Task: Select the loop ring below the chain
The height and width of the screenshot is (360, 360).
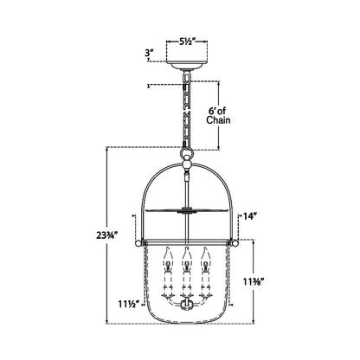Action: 186,157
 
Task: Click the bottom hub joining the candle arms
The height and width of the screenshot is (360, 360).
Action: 186,304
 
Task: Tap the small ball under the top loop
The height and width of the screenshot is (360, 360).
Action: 186,171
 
